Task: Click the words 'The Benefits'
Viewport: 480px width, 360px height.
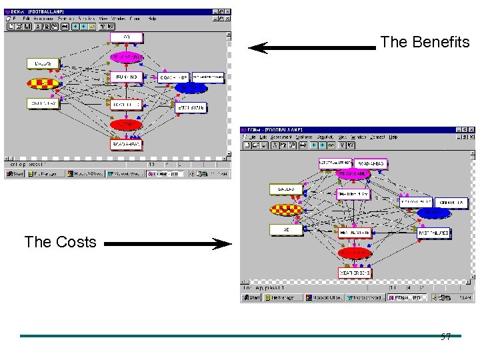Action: click(425, 42)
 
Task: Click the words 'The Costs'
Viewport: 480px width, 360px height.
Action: click(60, 241)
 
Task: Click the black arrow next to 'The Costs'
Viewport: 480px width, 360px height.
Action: click(167, 245)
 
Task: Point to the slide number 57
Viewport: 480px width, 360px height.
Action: click(446, 337)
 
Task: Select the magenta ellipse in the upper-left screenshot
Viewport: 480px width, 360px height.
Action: click(126, 57)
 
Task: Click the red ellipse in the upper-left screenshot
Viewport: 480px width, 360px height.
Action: click(126, 124)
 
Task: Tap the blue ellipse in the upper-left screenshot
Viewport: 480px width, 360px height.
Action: click(192, 88)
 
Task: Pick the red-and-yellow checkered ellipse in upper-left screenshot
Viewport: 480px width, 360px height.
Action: click(42, 83)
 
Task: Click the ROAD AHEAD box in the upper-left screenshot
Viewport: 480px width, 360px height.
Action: click(127, 143)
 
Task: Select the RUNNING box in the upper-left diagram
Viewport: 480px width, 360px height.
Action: click(126, 77)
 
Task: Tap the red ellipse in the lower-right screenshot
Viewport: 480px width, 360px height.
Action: click(354, 253)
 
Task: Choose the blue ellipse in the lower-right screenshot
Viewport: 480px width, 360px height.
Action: click(433, 213)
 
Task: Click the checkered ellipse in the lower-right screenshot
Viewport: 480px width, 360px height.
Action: click(286, 210)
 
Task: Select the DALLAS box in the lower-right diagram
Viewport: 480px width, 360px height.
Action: click(286, 189)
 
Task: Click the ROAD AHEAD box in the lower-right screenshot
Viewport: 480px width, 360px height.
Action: click(371, 163)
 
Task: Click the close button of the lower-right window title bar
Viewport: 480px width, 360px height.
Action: click(471, 129)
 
